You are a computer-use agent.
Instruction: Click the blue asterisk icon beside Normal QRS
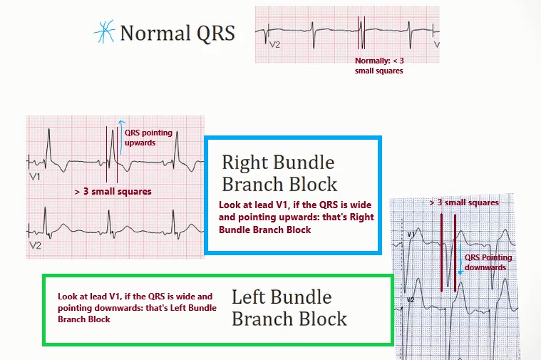click(105, 33)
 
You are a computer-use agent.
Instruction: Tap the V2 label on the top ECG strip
click(275, 44)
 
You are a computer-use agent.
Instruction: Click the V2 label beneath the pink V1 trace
click(36, 244)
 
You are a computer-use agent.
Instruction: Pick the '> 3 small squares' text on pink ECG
click(113, 192)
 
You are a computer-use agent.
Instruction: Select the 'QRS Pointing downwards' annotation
click(488, 262)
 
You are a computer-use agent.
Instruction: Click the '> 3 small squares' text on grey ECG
click(463, 202)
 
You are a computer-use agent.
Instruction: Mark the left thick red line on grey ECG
click(442, 252)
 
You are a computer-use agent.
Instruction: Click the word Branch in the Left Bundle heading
click(262, 318)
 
